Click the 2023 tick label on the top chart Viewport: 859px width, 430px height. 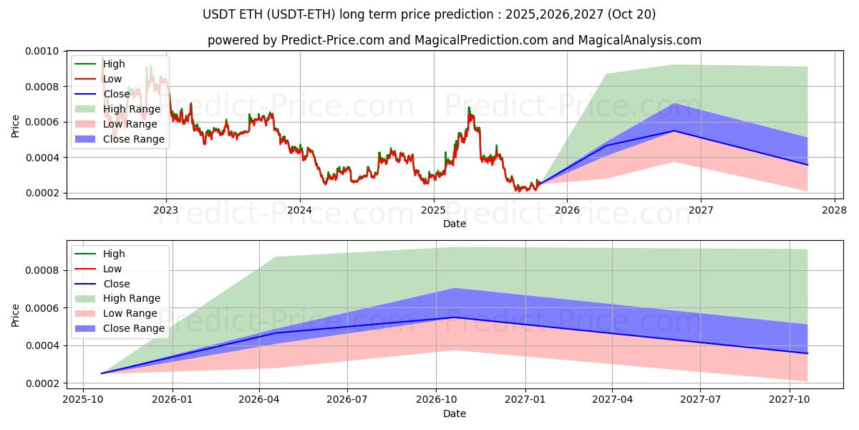coord(166,210)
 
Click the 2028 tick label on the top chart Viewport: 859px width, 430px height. coord(835,210)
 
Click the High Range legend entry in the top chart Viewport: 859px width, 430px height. coord(132,109)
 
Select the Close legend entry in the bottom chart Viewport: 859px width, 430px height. coord(117,284)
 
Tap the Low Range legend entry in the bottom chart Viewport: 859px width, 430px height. coord(130,314)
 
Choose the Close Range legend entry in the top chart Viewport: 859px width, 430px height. coord(133,139)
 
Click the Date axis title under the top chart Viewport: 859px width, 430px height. coord(454,224)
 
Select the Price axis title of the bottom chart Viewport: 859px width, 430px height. coord(16,315)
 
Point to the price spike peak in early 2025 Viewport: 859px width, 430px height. coord(469,107)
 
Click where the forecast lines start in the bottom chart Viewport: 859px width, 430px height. coord(102,373)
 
